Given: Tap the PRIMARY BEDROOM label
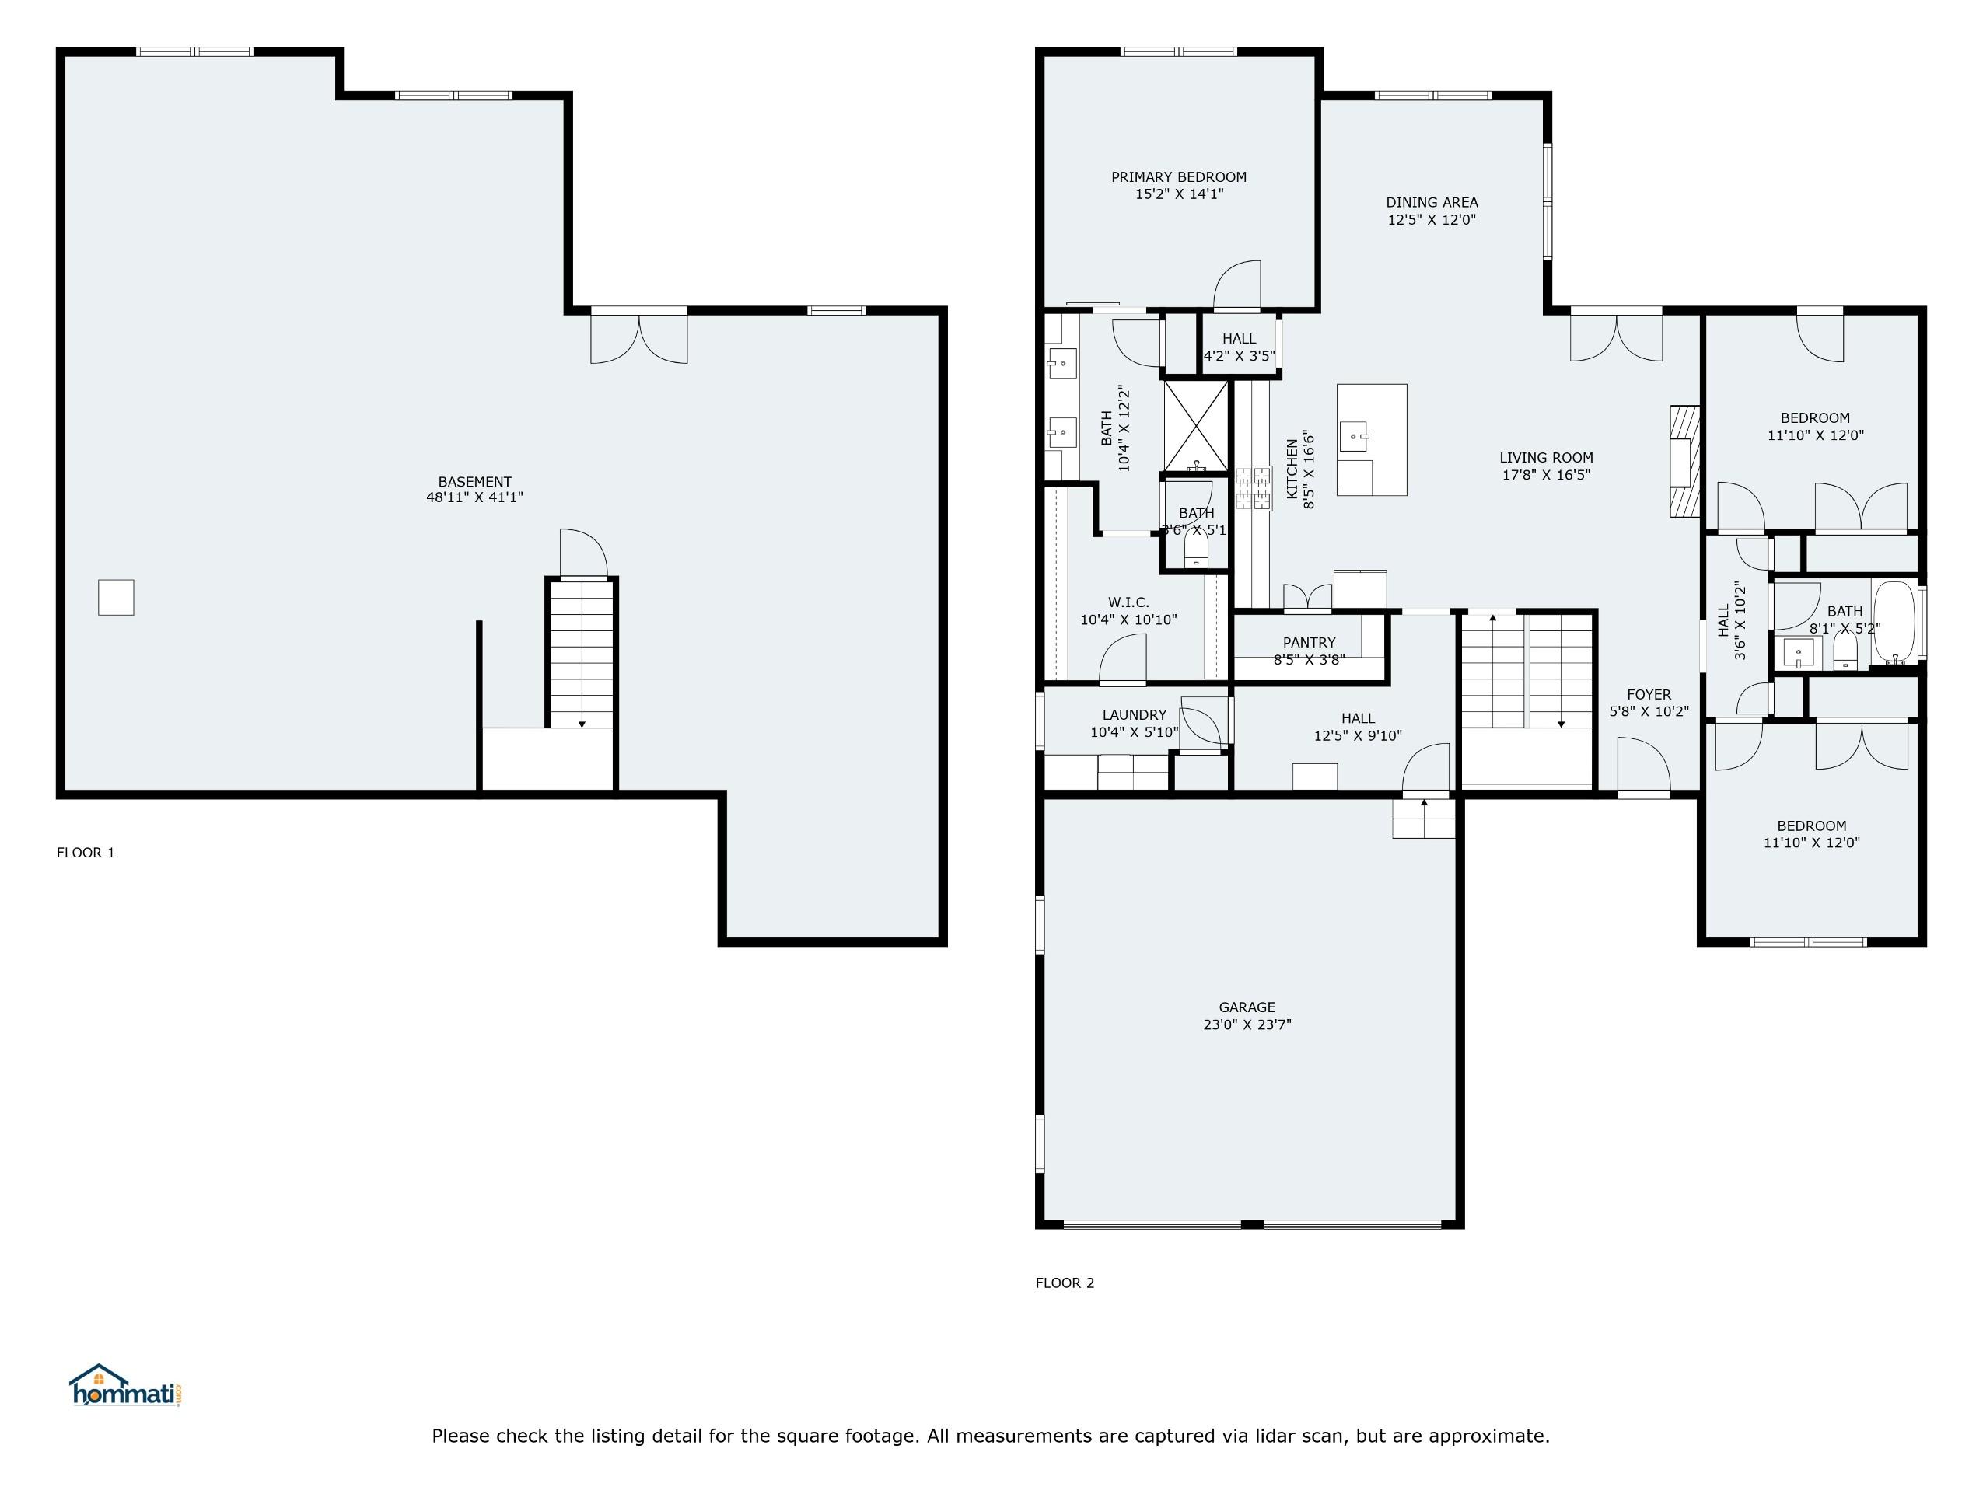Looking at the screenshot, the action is [x=1179, y=177].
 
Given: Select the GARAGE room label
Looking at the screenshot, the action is [x=1247, y=1007].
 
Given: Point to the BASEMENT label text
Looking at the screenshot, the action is [x=475, y=481].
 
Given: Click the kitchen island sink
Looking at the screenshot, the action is [x=1355, y=438].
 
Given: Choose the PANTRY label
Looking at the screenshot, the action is [x=1309, y=643].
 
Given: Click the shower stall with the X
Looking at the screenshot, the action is [x=1196, y=426].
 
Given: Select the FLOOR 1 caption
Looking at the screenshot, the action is [x=86, y=853].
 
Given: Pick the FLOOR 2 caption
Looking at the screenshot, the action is [x=1065, y=1283].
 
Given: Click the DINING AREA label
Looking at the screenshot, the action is [x=1432, y=203].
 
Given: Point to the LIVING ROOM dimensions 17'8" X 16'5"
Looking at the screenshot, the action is [x=1547, y=475].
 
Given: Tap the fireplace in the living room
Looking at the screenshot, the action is [x=1684, y=462].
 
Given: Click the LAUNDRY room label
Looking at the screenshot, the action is [x=1134, y=715].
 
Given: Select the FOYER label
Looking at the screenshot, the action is [x=1649, y=695].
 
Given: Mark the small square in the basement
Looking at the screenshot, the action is [x=116, y=597].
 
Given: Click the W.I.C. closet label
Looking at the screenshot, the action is [x=1128, y=602].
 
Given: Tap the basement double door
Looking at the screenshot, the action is [x=639, y=336].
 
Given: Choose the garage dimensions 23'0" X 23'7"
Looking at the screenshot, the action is [x=1247, y=1024].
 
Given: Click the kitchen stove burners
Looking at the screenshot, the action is [x=1254, y=488].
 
